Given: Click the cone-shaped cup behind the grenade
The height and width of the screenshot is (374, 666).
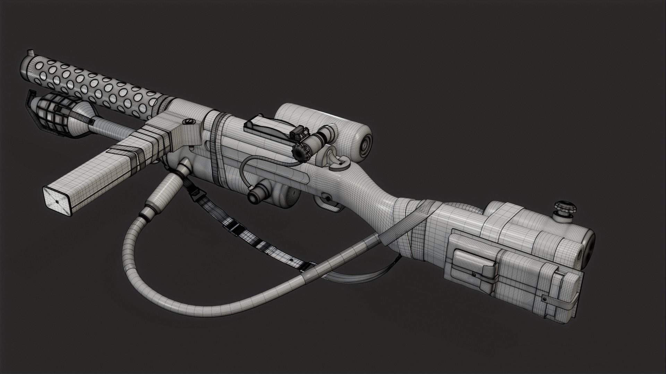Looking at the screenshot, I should tap(83, 116).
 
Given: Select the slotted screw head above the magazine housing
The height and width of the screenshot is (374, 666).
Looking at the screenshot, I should tap(189, 121).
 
